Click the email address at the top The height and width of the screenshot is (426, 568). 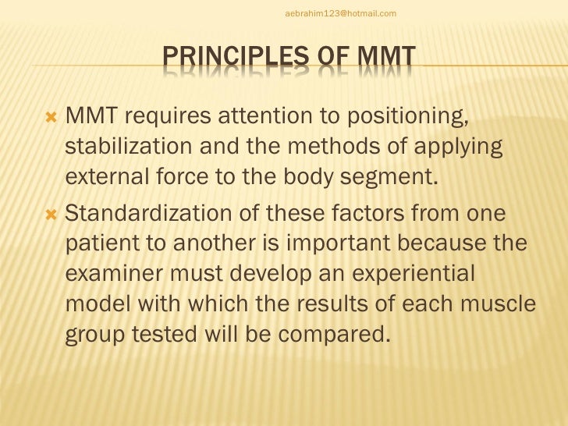(341, 13)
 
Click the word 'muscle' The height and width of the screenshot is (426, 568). (499, 306)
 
